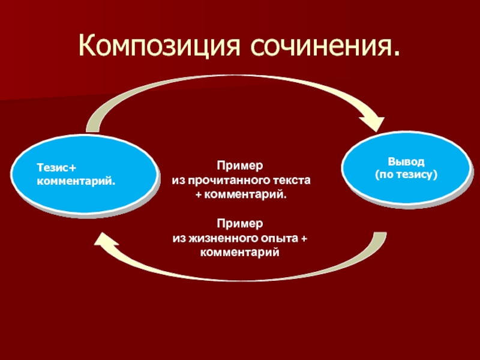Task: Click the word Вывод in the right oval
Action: tap(406, 162)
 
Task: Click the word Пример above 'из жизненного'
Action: tap(240, 223)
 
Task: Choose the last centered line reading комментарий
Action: tap(240, 252)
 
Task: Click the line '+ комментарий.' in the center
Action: tap(240, 195)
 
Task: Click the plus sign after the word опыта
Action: tap(304, 239)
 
